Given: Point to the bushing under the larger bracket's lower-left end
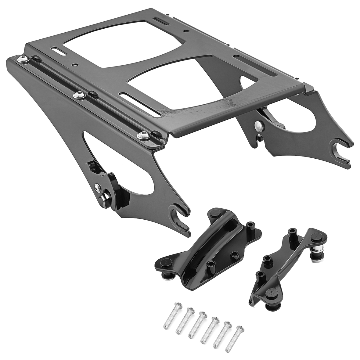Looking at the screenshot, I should [x=169, y=268].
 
